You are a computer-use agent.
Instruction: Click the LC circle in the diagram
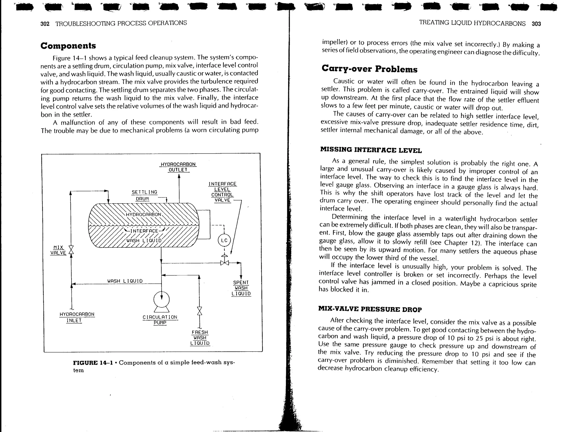click(224, 240)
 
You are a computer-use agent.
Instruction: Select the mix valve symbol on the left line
click(71, 250)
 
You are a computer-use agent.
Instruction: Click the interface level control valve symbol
click(225, 262)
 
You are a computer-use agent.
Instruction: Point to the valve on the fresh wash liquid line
click(199, 311)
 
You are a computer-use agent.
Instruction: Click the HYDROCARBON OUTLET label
click(178, 167)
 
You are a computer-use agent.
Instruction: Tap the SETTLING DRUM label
click(144, 195)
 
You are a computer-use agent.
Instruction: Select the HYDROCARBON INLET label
click(77, 317)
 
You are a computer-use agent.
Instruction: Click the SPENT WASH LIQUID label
click(241, 288)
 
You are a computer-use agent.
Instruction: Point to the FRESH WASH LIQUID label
click(200, 338)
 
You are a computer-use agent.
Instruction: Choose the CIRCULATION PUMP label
click(160, 320)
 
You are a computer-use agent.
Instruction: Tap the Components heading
click(68, 46)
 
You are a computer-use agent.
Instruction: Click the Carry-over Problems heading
click(369, 69)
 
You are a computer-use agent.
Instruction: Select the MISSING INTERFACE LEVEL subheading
click(371, 150)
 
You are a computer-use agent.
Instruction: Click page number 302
click(45, 24)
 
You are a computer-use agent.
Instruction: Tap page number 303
click(536, 24)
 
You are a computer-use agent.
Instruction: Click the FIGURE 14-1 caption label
click(93, 363)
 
